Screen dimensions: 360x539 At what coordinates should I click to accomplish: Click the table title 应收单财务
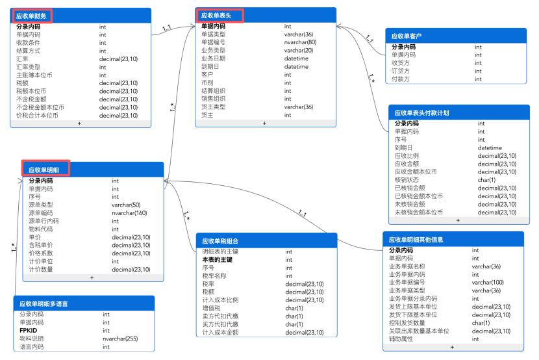[32, 14]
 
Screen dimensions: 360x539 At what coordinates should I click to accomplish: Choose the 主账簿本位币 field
[34, 75]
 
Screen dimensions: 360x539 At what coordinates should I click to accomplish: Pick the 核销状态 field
[407, 180]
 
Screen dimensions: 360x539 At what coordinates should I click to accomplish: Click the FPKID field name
[29, 330]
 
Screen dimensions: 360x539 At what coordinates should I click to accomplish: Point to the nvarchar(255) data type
[124, 339]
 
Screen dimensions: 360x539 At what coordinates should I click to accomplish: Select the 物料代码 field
[41, 229]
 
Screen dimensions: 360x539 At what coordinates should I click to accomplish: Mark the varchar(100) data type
[488, 282]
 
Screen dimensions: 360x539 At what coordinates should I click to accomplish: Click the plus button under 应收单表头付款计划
[457, 220]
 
